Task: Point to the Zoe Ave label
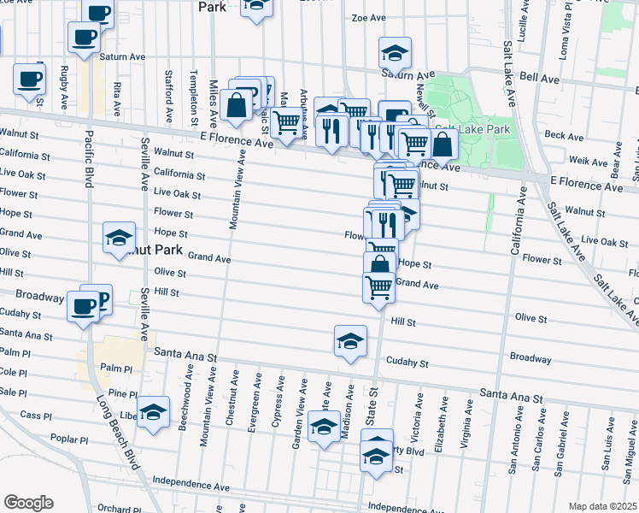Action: coord(370,17)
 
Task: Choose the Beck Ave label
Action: coord(564,135)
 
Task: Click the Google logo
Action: coord(27,503)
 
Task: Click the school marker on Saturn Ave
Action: coord(395,52)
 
